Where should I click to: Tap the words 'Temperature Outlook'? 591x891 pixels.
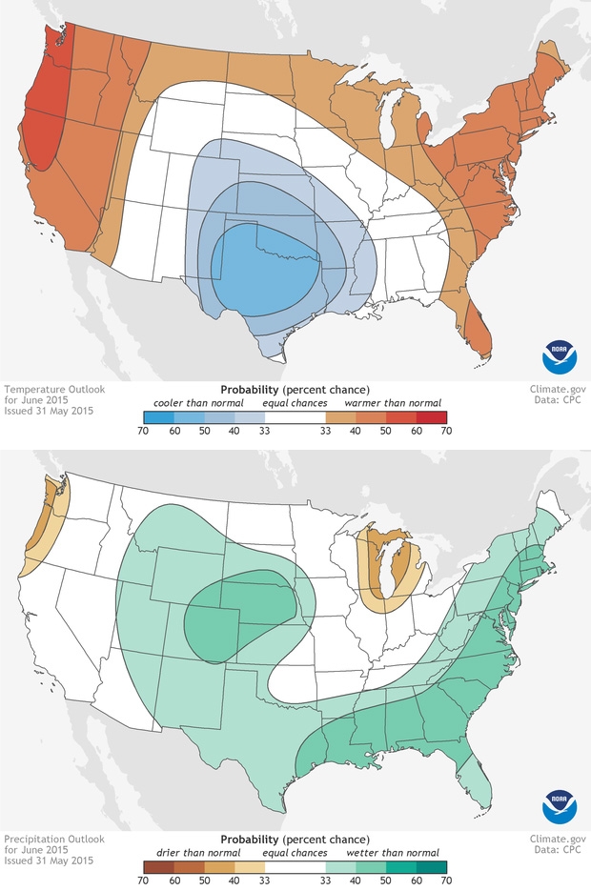point(47,389)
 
